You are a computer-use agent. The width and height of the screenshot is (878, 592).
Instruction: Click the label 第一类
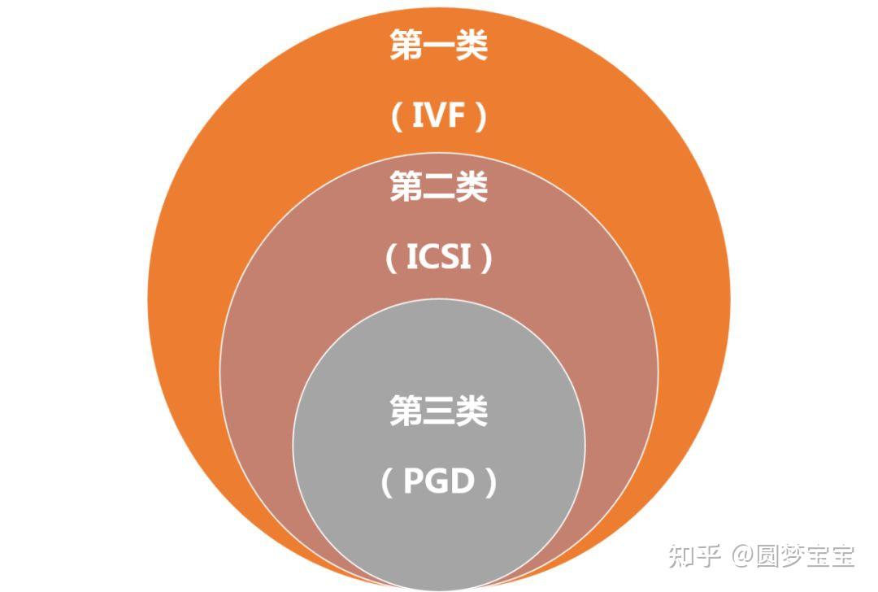coord(438,46)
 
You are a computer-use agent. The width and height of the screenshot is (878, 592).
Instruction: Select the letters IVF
coord(439,118)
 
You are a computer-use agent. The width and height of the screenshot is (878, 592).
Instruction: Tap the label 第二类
coord(438,188)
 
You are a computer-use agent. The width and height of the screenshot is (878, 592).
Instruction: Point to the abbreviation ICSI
coord(439,259)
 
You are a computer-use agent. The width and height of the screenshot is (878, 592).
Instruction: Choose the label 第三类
coord(438,411)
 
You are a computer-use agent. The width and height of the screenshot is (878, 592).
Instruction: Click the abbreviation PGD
coord(439,483)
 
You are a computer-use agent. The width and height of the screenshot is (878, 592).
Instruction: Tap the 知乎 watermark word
coord(695,556)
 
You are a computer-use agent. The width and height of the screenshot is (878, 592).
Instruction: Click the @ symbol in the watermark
coord(743,557)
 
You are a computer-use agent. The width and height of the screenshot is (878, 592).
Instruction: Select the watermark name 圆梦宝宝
coord(805,556)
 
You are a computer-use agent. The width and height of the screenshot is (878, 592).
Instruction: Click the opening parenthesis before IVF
coord(397,119)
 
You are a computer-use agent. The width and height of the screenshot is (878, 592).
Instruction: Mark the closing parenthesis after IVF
coord(481,119)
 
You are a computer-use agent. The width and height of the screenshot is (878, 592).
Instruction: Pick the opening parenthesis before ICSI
coord(390,259)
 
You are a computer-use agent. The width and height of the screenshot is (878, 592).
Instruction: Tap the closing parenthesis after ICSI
coord(487,259)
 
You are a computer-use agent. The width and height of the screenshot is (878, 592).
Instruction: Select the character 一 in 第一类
coord(438,46)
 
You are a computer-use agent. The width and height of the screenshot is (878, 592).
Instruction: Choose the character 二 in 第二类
coord(438,188)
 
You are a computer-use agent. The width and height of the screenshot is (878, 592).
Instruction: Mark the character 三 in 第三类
coord(438,411)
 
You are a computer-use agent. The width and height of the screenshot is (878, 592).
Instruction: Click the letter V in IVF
coord(437,118)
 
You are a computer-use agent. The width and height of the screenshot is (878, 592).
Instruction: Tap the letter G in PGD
coord(439,483)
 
